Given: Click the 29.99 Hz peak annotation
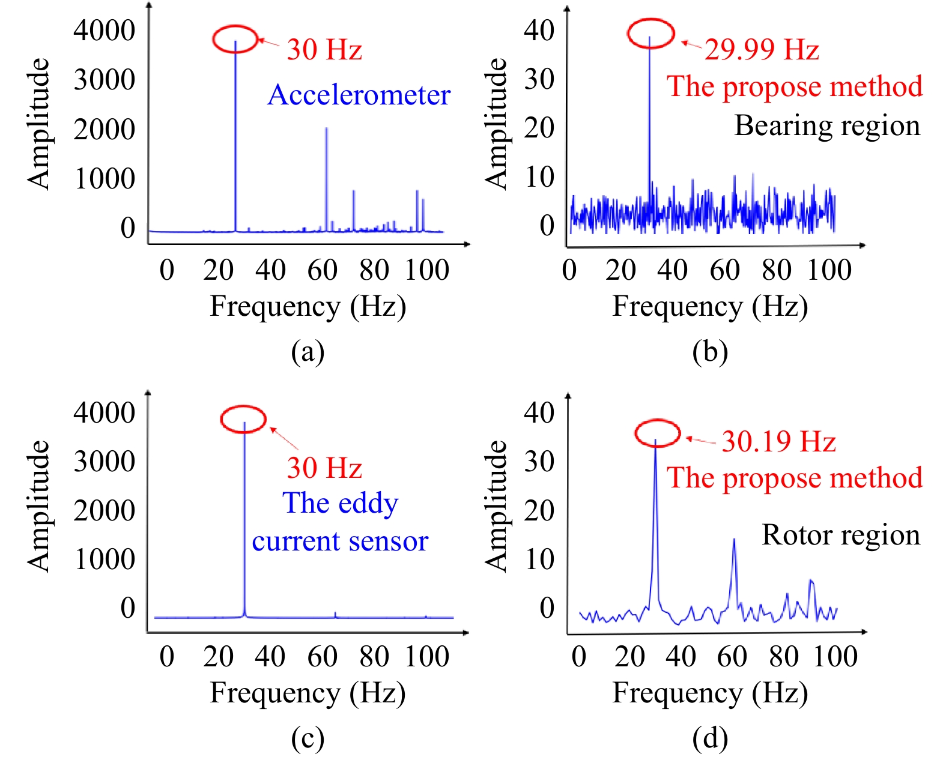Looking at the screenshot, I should point(762,50).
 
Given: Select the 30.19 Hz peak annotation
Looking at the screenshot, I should point(778,442).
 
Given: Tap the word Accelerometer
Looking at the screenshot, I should point(359,95).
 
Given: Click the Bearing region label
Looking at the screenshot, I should point(827,126).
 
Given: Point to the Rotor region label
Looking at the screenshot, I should point(840,535).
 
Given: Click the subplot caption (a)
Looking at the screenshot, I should point(308,352).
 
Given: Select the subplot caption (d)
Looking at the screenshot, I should point(709,738).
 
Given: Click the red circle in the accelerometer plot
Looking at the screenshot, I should point(235,39).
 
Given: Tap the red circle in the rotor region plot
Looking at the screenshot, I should point(657,433).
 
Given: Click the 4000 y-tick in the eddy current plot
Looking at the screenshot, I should point(105,413).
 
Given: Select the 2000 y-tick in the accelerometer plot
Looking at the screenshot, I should point(105,129).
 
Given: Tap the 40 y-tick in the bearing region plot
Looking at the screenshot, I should point(539,30).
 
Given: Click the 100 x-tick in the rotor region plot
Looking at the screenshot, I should point(835,657).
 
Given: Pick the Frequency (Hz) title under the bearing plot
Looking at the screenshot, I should point(709,306).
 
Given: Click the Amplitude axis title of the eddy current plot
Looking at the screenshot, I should point(38,505).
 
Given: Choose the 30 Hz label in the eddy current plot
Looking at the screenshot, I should point(324,468).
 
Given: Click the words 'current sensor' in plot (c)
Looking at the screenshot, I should point(340,541).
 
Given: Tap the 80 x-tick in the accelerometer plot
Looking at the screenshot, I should point(374,270).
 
